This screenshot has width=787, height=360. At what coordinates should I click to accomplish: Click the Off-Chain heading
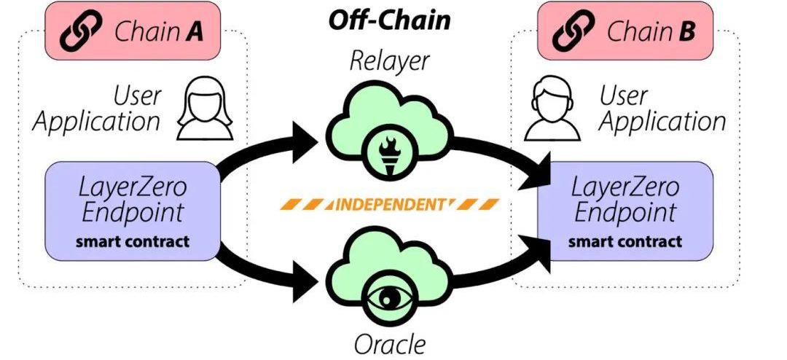(389, 20)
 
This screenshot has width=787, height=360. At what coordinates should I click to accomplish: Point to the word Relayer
(389, 61)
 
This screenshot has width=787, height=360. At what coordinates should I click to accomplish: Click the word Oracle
(390, 342)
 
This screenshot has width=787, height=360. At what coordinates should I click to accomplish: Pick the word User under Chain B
(624, 95)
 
